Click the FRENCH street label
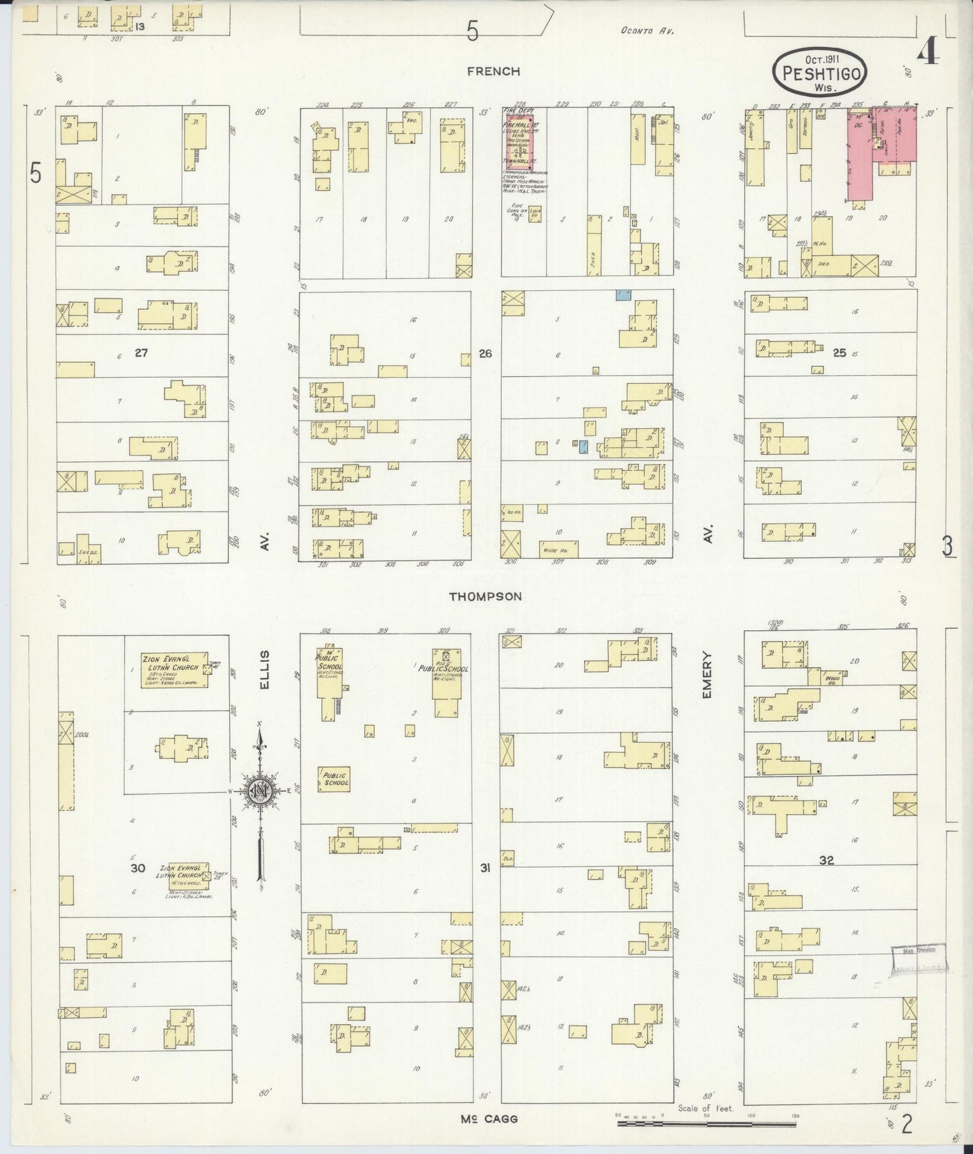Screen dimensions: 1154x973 coord(494,71)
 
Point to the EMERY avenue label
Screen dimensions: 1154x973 coord(708,674)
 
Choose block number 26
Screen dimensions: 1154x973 coord(485,353)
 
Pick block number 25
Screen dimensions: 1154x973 coord(839,351)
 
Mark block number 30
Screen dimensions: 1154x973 coord(137,869)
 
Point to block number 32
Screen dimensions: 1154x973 coord(826,860)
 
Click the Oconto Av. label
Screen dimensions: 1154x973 coord(647,31)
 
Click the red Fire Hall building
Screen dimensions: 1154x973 coord(519,141)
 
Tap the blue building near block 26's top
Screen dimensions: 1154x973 coord(624,295)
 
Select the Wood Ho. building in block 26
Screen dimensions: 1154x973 coord(558,549)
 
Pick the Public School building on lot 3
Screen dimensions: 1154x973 coord(335,780)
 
